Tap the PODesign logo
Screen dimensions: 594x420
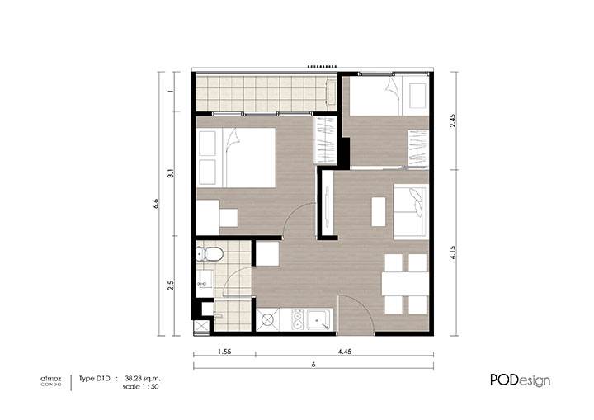click(x=520, y=380)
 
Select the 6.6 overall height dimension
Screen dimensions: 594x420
click(x=156, y=204)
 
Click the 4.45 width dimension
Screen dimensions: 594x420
click(x=344, y=352)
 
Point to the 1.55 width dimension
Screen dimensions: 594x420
click(x=224, y=352)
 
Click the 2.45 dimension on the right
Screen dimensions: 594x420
click(x=453, y=120)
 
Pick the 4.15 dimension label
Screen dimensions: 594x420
click(x=453, y=252)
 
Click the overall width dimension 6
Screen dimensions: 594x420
click(x=313, y=365)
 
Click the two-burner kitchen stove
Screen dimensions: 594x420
click(x=297, y=319)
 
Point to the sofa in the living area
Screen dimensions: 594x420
click(x=411, y=211)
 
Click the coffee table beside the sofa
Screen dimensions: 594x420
click(x=379, y=211)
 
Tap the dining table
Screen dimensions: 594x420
click(x=405, y=284)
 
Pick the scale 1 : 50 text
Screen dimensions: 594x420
click(x=140, y=387)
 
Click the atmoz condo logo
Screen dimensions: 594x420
click(x=51, y=380)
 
